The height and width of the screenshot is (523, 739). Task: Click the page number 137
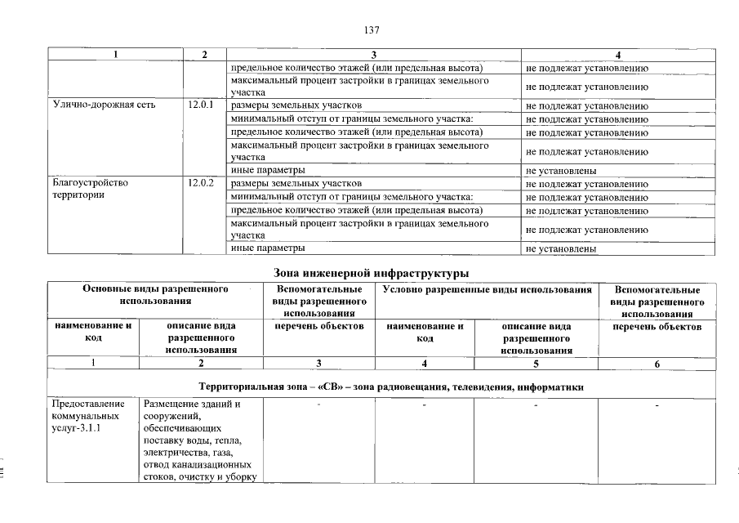tap(372, 30)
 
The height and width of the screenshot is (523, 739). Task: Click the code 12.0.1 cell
tap(200, 105)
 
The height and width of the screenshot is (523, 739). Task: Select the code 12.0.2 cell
tap(200, 184)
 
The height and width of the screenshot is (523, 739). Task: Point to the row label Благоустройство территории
tap(90, 190)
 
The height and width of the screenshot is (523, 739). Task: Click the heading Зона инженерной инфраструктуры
tap(372, 271)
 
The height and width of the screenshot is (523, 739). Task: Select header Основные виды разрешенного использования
tap(154, 295)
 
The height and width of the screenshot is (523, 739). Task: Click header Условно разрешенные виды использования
tap(487, 289)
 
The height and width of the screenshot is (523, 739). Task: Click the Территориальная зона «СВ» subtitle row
tap(391, 387)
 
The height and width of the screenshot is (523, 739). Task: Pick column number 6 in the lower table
tap(657, 364)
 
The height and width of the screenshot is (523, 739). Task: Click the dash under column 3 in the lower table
tap(319, 405)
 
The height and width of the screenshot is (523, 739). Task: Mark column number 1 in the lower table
tap(92, 364)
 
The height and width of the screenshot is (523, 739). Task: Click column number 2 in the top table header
tap(203, 54)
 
